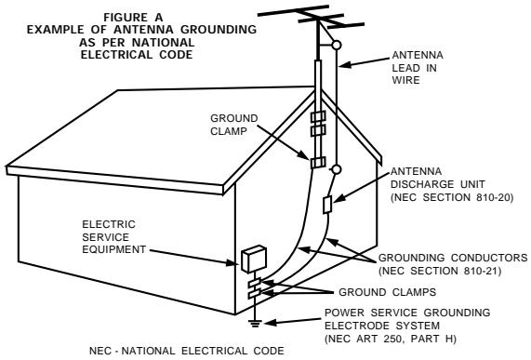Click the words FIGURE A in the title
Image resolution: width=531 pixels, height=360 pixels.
(133, 17)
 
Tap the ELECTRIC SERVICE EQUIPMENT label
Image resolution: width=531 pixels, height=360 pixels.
(113, 237)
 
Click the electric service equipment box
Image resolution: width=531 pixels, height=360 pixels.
(254, 259)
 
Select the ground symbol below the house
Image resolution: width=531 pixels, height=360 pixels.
(255, 324)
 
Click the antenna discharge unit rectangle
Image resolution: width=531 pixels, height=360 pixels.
(326, 205)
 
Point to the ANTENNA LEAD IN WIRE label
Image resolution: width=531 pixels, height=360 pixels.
(418, 68)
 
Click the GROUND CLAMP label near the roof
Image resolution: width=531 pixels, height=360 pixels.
(234, 125)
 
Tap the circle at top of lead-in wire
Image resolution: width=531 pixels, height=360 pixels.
(336, 45)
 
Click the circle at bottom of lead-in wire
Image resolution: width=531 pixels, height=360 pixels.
(336, 169)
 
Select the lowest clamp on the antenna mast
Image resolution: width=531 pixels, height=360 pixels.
(318, 163)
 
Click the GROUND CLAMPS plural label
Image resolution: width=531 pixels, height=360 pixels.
(388, 292)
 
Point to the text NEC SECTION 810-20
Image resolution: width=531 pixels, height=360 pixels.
(452, 197)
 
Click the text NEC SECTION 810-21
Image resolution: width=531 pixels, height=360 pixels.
(440, 271)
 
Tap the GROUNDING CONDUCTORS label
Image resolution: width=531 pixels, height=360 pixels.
(453, 258)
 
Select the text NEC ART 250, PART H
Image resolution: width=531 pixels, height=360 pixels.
(391, 339)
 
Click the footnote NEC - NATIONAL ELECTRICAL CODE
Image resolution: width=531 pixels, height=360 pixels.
(187, 352)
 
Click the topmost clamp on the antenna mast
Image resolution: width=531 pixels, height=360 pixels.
(318, 116)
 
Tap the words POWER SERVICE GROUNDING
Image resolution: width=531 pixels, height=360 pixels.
(407, 313)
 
